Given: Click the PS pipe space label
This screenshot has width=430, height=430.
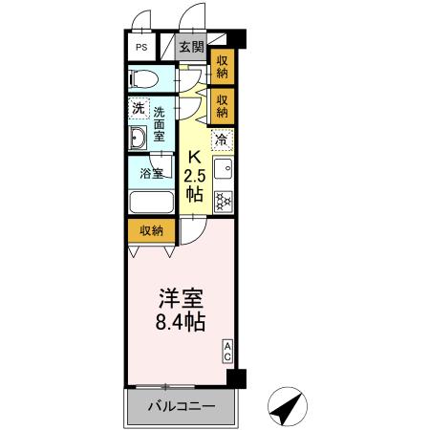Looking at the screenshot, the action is [141, 48].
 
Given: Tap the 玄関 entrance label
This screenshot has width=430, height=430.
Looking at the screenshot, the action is [191, 47].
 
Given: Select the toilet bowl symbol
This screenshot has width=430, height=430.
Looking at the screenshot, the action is [143, 78].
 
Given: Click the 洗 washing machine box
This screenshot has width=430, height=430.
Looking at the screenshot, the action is [139, 109].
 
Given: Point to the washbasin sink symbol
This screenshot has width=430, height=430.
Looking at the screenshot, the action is [138, 138].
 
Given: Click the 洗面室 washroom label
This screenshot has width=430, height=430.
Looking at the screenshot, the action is [159, 124].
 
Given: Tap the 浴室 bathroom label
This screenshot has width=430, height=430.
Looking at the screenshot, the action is [152, 173].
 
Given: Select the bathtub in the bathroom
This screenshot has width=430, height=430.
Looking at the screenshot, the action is [151, 202].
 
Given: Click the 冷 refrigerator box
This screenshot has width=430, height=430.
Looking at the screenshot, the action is [222, 140].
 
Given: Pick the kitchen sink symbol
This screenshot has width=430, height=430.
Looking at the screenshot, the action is [223, 168].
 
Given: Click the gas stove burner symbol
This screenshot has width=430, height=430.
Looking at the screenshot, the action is [223, 201].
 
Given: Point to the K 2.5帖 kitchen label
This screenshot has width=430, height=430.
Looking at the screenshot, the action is [195, 176].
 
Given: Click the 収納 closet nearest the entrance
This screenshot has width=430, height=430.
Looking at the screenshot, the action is [223, 67].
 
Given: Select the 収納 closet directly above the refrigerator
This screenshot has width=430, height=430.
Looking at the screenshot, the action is [223, 106].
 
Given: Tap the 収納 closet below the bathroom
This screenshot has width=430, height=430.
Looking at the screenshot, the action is [152, 230].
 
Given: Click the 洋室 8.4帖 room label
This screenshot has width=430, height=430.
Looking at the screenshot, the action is [181, 310].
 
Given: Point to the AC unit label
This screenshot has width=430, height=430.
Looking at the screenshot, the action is [227, 352].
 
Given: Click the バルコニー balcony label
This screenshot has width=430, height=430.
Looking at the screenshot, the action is [182, 406].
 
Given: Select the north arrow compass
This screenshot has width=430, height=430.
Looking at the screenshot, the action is [288, 406].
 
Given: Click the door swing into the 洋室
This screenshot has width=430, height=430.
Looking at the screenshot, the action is [193, 231].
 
